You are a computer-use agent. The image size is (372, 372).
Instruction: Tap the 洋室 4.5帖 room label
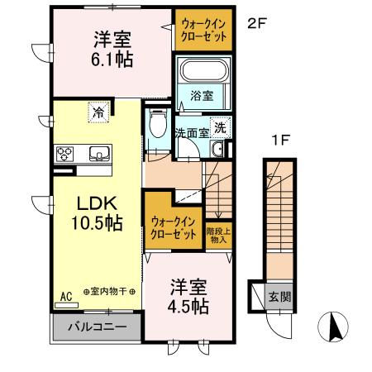click(189, 296)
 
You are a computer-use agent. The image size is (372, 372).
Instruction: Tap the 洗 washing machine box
click(220, 127)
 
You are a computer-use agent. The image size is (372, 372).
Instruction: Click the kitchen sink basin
click(98, 153)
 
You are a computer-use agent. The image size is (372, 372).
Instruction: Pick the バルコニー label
click(97, 327)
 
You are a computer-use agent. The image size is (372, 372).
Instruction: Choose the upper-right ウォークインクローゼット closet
click(203, 30)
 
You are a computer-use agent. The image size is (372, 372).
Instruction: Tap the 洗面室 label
click(191, 132)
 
